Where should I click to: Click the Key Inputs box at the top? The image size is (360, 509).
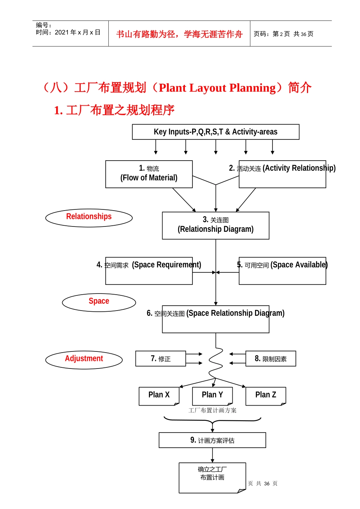(x=216, y=132)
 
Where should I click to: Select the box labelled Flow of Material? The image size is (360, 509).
(x=149, y=174)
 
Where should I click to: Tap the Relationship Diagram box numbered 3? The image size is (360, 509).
(x=216, y=225)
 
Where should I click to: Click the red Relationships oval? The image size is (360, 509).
(x=89, y=218)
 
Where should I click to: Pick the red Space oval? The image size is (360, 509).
(x=99, y=302)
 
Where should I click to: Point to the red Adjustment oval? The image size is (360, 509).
(x=84, y=359)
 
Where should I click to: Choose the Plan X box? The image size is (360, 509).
(x=159, y=396)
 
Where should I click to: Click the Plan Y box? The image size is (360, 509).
(x=212, y=396)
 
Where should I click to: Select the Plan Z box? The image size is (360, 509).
(x=266, y=396)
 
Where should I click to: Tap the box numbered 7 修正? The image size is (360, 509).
(x=161, y=359)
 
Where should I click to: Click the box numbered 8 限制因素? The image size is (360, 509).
(x=271, y=359)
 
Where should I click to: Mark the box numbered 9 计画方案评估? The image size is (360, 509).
(x=212, y=440)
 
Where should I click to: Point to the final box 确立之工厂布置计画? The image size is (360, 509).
(x=212, y=477)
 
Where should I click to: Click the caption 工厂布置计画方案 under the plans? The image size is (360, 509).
(x=212, y=411)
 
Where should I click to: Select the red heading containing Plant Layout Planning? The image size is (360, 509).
(x=177, y=87)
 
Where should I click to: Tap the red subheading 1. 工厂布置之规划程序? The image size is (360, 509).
(x=114, y=110)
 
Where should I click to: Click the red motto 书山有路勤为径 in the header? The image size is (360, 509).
(x=179, y=34)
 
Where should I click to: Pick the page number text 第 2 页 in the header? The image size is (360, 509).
(x=281, y=34)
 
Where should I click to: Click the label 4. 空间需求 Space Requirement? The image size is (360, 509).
(x=149, y=265)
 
